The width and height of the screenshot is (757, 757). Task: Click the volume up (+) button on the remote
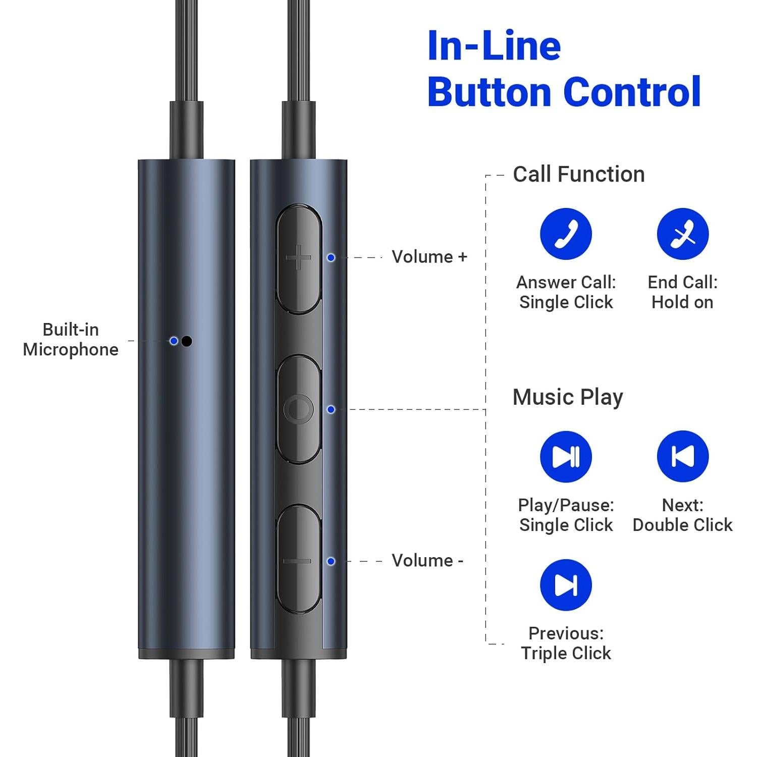(299, 258)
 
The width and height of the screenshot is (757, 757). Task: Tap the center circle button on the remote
(299, 409)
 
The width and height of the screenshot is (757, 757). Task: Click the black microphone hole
(187, 341)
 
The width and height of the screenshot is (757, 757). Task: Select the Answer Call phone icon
(566, 234)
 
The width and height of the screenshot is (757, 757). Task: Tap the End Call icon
(682, 234)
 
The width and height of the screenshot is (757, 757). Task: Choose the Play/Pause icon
(566, 457)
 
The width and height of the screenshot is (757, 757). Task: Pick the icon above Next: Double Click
(682, 456)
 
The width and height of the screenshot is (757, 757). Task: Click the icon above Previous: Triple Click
(566, 585)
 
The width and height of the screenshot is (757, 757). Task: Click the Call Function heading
(579, 175)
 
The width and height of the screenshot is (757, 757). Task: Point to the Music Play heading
(568, 397)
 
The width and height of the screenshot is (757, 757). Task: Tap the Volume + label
(429, 257)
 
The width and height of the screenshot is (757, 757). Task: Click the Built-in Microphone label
(71, 340)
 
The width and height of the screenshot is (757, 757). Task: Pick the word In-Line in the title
(494, 45)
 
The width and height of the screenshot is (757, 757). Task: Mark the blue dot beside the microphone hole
(174, 341)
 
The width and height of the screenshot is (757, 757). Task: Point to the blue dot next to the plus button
(331, 257)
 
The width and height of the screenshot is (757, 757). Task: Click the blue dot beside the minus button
(331, 561)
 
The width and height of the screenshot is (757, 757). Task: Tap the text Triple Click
(566, 653)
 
